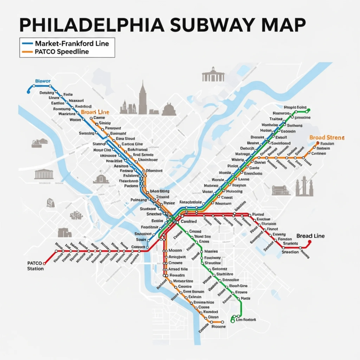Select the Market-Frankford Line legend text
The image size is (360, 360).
(x=72, y=43)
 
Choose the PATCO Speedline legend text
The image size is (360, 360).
(x=62, y=51)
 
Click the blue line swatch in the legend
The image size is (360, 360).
(x=27, y=43)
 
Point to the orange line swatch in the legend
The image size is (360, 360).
(x=27, y=52)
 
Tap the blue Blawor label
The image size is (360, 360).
(x=43, y=81)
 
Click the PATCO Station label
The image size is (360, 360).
(x=35, y=266)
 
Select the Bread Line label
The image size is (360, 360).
(x=310, y=236)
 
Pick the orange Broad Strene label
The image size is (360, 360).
(x=327, y=138)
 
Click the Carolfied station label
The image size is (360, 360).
(x=189, y=221)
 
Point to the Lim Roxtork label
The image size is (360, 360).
(x=246, y=319)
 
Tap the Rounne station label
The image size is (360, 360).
(x=218, y=326)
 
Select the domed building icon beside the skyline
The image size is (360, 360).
(x=169, y=109)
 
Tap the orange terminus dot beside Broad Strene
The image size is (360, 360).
(x=318, y=143)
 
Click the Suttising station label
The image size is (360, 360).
(x=86, y=133)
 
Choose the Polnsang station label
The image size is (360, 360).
(x=139, y=200)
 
